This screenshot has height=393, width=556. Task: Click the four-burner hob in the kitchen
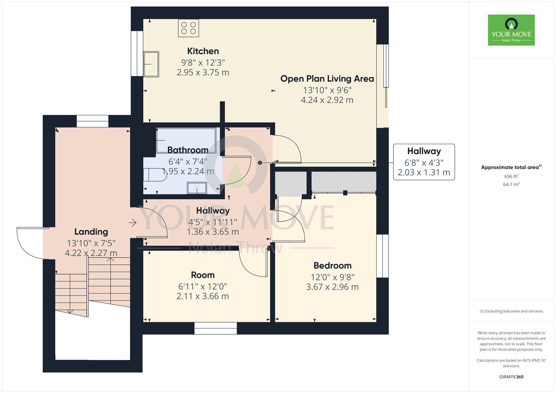pos(188,28)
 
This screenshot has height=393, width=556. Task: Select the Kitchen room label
pos(203,51)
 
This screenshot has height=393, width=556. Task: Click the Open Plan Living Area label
pos(327,79)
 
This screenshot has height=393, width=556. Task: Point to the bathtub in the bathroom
pos(186,140)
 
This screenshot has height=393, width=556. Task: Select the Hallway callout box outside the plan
pos(424,162)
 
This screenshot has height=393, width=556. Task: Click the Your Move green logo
pos(511,30)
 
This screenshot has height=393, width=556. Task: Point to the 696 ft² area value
pos(511,177)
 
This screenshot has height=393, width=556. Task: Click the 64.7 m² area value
pos(511,185)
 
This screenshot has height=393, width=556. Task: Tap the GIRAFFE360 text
pos(511,377)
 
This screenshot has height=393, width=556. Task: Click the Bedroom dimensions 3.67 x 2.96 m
pos(332,287)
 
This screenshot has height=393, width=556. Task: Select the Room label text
pos(203,275)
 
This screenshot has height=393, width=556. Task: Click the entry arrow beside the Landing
pos(132,223)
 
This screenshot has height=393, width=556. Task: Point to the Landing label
pos(91,232)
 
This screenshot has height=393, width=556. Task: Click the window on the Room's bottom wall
pos(215,328)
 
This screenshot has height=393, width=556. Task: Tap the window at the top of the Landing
pos(92,121)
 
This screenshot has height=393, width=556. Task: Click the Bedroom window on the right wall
pos(383,256)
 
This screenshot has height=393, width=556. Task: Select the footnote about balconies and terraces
pos(511,311)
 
